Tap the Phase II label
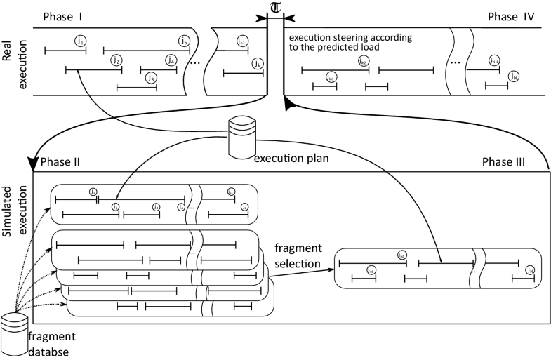[x=60, y=162]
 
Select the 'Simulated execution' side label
[x=13, y=211]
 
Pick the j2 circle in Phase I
[x=117, y=60]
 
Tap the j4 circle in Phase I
[x=171, y=60]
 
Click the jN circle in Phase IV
[x=514, y=76]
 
